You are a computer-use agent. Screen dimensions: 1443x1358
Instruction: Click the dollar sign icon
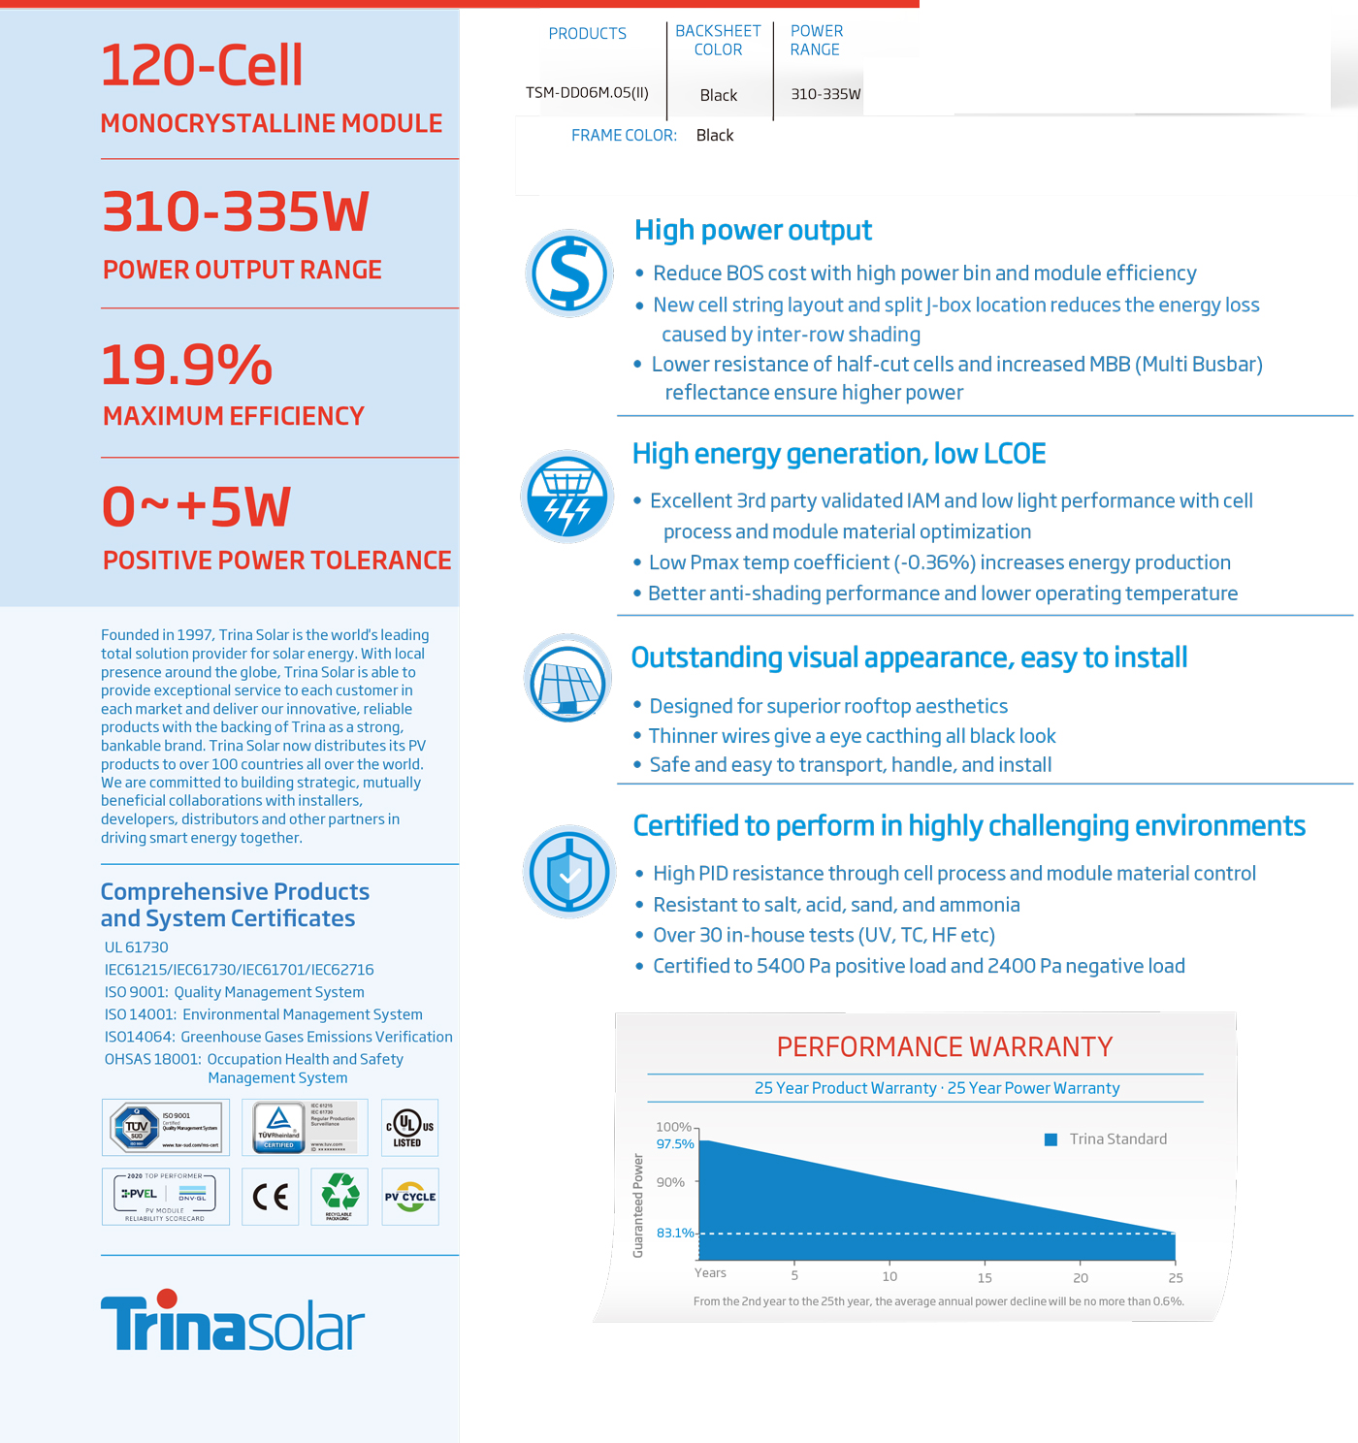coord(569,273)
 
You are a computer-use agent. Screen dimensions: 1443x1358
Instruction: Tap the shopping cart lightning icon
coord(567,497)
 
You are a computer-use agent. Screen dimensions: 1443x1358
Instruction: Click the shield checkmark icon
coord(569,872)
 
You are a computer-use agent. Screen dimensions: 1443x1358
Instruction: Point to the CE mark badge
coord(270,1197)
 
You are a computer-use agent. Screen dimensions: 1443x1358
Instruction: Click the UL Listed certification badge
coord(409,1128)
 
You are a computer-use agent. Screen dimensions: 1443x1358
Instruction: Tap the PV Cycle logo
coord(410,1197)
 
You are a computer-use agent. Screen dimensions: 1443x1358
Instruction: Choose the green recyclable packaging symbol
coord(339,1196)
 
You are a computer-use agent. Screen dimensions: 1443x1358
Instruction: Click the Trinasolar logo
coord(233,1322)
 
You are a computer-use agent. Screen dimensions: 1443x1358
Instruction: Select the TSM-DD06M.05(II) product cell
coord(587,93)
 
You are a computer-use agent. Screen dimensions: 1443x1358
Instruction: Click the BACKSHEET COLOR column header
coord(718,41)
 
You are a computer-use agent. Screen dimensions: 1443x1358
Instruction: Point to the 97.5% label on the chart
coord(675,1144)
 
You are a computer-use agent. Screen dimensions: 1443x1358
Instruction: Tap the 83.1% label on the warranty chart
coord(675,1233)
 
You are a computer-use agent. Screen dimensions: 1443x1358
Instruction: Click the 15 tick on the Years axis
coord(985,1277)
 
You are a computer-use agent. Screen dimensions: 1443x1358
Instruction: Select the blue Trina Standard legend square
coord(1051,1139)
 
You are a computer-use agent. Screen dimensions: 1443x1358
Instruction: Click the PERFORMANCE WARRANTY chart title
coord(944,1047)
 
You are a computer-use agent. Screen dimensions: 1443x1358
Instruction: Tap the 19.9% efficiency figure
coord(187,366)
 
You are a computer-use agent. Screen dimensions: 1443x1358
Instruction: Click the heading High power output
coord(753,231)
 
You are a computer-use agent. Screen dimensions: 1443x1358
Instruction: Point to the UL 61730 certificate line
coord(137,947)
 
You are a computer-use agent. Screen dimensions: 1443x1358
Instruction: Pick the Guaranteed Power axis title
coord(638,1205)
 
